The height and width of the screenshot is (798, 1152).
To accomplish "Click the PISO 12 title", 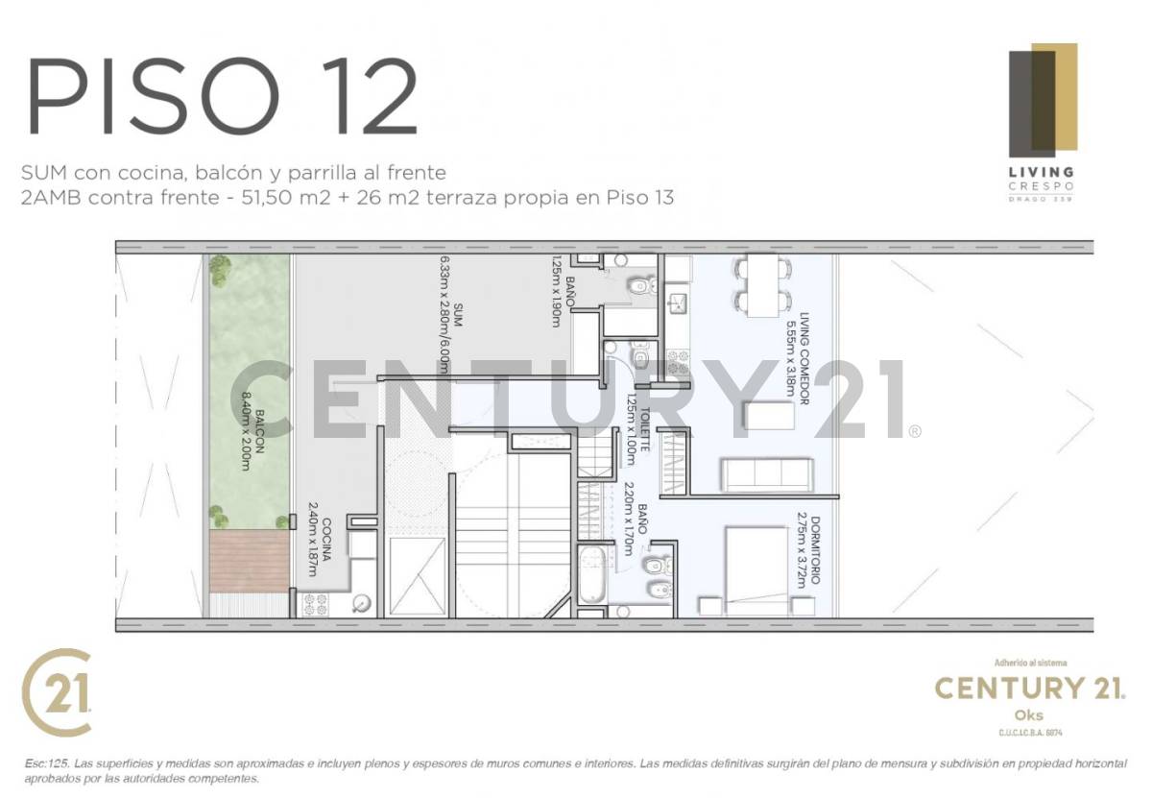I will coord(223,96).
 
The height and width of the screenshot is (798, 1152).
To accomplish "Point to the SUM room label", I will coord(459,316).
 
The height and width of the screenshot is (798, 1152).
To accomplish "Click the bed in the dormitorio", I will coord(756,570).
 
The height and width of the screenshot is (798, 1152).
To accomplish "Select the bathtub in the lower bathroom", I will coord(588,575).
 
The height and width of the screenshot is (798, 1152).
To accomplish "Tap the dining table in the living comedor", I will coord(764,284).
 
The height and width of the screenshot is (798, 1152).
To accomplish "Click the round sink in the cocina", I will coord(362,604).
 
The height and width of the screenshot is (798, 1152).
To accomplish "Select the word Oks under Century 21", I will coord(1028,715).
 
